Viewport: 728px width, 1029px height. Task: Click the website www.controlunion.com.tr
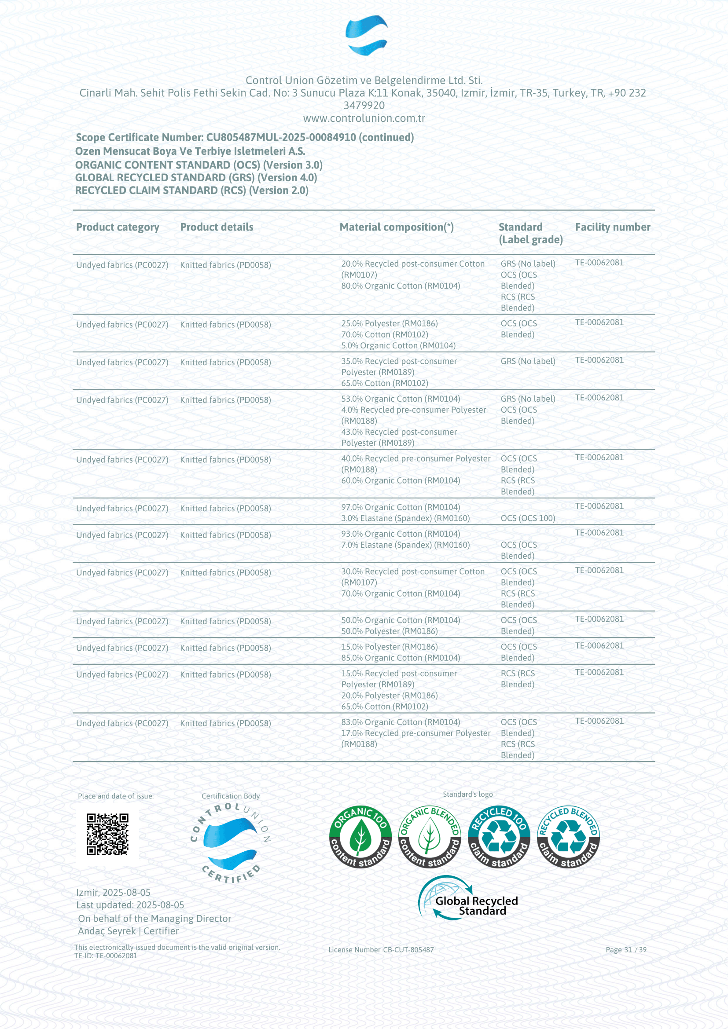tap(364, 118)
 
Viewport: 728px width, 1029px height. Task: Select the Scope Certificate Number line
tap(244, 137)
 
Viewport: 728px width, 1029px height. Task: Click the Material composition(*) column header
tap(396, 227)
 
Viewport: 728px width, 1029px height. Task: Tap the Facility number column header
tap(612, 227)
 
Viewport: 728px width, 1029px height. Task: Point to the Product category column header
tap(118, 227)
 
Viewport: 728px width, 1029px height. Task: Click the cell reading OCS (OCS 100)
tap(528, 518)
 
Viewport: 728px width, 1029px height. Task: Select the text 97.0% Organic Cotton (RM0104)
tap(400, 507)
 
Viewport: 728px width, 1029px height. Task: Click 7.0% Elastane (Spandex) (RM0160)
tap(405, 545)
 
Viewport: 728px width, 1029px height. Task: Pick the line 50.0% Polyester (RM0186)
tap(389, 631)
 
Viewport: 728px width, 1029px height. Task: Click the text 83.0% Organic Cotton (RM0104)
tap(400, 722)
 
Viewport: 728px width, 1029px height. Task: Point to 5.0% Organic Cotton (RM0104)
tap(398, 345)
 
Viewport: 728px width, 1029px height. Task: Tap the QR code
tap(107, 835)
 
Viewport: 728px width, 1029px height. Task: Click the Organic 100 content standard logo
tap(360, 837)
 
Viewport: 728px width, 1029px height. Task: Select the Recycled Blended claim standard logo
tap(568, 837)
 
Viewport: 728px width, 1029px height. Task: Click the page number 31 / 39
tap(626, 950)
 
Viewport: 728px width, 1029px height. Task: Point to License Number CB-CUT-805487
tap(381, 950)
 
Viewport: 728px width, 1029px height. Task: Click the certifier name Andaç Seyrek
tap(107, 931)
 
